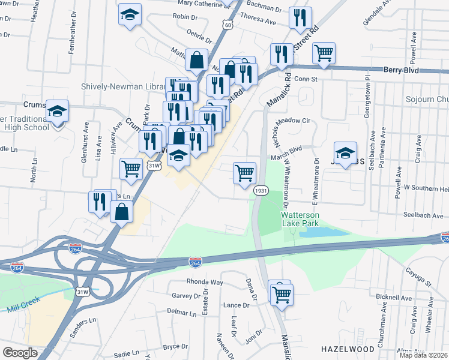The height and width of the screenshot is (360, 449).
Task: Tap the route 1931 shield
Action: point(260,190)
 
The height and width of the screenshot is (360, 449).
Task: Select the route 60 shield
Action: point(226,25)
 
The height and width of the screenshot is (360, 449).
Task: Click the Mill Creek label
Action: point(23,304)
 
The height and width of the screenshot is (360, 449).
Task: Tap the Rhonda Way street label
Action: point(205,282)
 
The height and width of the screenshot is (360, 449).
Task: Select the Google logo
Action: point(20,353)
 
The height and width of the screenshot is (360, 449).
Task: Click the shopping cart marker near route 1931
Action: point(244,173)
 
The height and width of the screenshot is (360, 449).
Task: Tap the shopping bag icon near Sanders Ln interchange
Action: point(121,212)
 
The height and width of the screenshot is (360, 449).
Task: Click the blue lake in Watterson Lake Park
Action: point(324,232)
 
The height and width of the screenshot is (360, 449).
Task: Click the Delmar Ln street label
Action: point(182,313)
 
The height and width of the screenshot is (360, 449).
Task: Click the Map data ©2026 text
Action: point(423,355)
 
